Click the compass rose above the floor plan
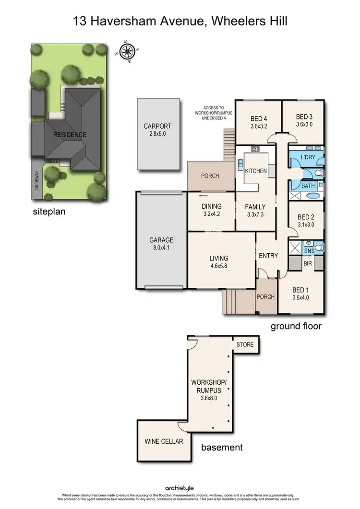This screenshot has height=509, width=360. [x=128, y=51]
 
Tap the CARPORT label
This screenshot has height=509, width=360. [x=157, y=130]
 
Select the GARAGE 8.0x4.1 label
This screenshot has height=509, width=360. [x=161, y=244]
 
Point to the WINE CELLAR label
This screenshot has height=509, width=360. [x=164, y=441]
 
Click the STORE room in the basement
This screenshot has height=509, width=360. [x=245, y=344]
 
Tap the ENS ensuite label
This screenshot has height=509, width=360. [x=309, y=250]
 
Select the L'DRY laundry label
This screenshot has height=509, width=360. [x=308, y=157]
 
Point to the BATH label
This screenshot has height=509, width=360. [x=308, y=185]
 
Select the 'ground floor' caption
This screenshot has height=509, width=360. [x=296, y=326]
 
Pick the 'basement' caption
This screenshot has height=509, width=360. [x=222, y=448]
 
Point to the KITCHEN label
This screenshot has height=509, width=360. [x=256, y=171]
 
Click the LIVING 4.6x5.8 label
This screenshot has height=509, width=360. [x=218, y=262]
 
